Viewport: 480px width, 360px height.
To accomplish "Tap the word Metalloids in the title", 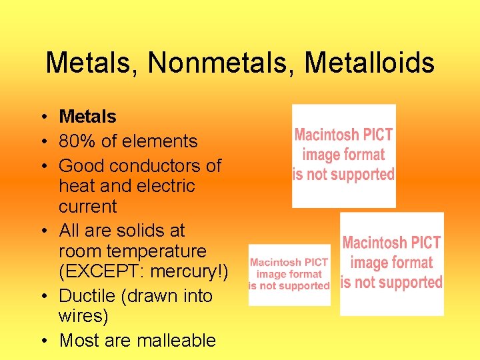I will tap(369, 63).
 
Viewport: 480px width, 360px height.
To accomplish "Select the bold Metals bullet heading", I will tap(87, 117).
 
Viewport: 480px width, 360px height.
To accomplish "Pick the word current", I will tap(87, 207).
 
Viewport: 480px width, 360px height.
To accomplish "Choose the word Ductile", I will tap(88, 296).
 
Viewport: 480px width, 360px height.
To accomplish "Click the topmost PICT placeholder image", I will tap(344, 155).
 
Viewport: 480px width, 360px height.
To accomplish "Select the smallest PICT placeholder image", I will tap(289, 274).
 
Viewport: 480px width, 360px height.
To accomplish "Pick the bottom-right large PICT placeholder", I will tap(392, 263).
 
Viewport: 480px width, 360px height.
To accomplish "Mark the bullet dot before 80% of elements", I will tap(42, 142).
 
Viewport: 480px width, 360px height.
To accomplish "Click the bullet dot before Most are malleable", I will tap(42, 341).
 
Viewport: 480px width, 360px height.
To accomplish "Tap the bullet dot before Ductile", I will tap(42, 297).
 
